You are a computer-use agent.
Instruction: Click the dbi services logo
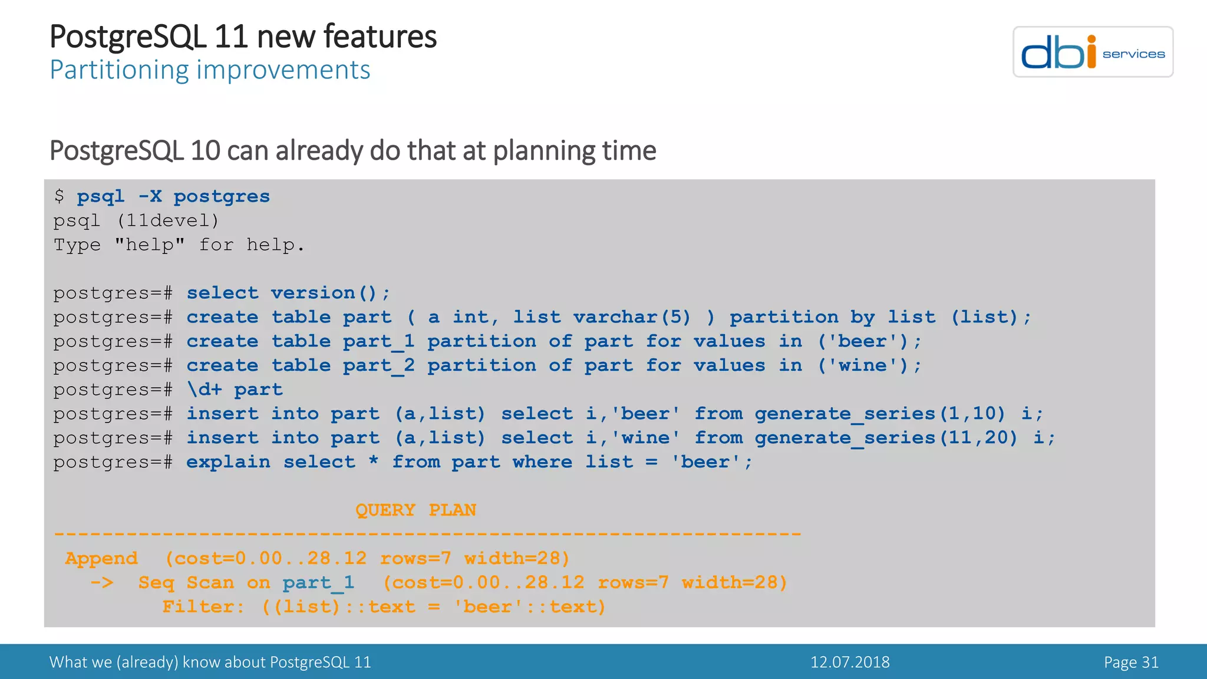point(1092,52)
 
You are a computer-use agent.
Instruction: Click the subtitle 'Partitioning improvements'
point(210,70)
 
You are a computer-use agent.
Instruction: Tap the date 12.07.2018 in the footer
point(849,662)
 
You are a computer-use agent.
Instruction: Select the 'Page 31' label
point(1130,662)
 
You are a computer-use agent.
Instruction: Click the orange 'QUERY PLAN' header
point(415,510)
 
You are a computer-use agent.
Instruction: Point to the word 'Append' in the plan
point(101,558)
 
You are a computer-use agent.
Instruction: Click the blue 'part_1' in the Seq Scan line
point(318,583)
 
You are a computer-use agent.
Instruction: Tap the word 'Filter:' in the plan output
point(203,607)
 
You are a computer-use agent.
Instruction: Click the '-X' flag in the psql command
point(150,196)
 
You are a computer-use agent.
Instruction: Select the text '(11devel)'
point(168,221)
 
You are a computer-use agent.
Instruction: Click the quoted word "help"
point(150,245)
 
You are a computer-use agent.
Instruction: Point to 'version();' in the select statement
point(330,293)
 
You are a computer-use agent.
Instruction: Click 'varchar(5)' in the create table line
point(631,317)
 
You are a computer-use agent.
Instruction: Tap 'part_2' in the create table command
point(378,366)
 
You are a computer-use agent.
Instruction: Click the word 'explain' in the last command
point(228,462)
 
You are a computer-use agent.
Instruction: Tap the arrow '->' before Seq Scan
point(101,583)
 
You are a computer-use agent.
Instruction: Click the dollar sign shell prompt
point(59,196)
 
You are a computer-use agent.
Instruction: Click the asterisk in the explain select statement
point(373,462)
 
